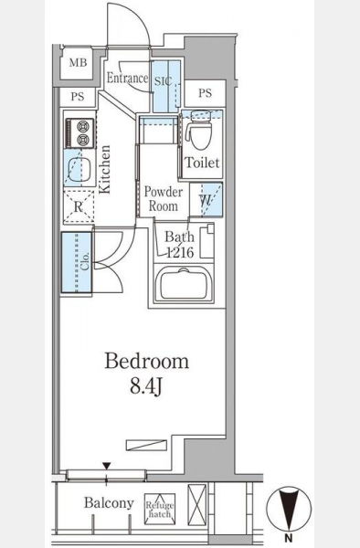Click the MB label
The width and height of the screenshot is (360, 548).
click(78, 62)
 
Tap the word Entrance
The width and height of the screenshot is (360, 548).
click(127, 78)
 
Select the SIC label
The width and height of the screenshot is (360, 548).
click(164, 81)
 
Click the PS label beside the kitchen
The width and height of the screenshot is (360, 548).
click(78, 96)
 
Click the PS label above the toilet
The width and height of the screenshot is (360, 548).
click(206, 92)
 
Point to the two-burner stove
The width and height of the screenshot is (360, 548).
click(80, 132)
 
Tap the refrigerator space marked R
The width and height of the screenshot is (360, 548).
click(79, 207)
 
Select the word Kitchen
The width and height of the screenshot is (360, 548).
click(104, 170)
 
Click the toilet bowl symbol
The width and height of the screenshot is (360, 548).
click(201, 131)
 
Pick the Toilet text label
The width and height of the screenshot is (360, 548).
click(202, 163)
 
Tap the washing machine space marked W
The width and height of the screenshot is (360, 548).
click(206, 200)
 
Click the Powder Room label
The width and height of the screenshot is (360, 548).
click(164, 199)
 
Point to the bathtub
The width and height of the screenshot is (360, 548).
click(183, 283)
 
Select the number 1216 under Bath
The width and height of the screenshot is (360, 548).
click(180, 252)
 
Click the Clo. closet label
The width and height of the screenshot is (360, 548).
click(85, 260)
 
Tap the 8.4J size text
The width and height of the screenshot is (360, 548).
click(146, 386)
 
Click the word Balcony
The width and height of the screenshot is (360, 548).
click(109, 503)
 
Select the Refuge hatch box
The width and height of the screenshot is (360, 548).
click(160, 509)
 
